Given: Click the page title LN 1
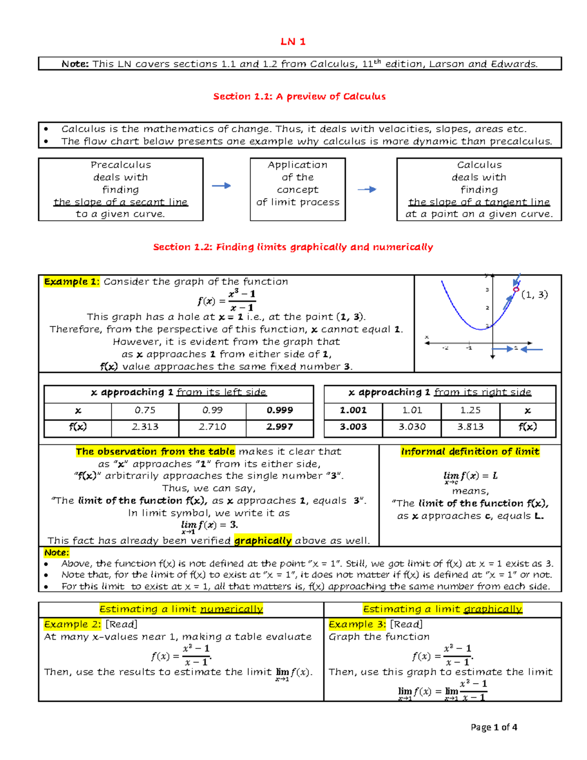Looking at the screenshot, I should point(293,42).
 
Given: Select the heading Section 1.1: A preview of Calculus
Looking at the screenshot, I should point(299,96).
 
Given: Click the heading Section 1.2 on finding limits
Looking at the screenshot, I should point(293,247).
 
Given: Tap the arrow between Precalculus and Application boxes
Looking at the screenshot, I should point(221,185).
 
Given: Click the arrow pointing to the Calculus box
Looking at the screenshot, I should point(366,189).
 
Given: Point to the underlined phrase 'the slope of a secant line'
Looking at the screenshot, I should point(120,202).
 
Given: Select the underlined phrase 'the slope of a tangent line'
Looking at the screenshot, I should point(479,202).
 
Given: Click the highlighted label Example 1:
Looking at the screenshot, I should point(71,281).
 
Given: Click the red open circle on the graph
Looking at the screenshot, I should point(516,290).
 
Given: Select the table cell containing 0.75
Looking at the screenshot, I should point(145,410).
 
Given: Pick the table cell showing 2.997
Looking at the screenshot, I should point(279,427).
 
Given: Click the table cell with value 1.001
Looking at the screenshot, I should point(353,410).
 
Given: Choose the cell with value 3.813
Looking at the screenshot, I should point(470,427).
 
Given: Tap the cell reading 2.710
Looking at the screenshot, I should point(212,427).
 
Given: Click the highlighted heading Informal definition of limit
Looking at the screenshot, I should point(470,452).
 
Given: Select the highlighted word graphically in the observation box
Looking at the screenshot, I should point(263,540).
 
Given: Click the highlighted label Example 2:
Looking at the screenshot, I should point(72,624).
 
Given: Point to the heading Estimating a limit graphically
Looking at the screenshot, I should point(442,609).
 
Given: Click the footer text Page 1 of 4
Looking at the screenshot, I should point(494,727).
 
